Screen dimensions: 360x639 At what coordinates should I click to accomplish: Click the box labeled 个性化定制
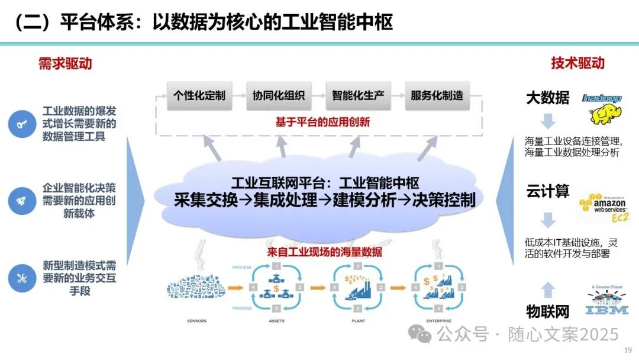coord(199,95)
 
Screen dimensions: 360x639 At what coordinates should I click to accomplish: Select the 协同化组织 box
coord(279,95)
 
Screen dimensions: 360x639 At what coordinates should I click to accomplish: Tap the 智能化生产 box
coord(358,95)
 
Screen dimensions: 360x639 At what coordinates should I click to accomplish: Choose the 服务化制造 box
coord(437,95)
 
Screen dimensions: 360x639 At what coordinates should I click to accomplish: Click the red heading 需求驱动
coord(65,63)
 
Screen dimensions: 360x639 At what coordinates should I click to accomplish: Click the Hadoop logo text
coord(602,98)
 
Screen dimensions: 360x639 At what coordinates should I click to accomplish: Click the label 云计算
coord(547,191)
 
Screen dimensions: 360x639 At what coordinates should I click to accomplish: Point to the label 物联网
coord(547,310)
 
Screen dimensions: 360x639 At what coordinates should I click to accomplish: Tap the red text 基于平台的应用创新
coord(322,122)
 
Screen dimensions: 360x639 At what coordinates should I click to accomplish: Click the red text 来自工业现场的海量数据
coord(324,252)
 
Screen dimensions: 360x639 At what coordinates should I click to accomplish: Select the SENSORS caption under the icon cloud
coord(198,322)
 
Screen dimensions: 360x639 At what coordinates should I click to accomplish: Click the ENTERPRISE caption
coord(438,322)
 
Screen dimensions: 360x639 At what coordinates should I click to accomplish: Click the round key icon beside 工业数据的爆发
coord(22,124)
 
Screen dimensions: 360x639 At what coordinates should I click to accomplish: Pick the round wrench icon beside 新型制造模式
coord(22,277)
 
